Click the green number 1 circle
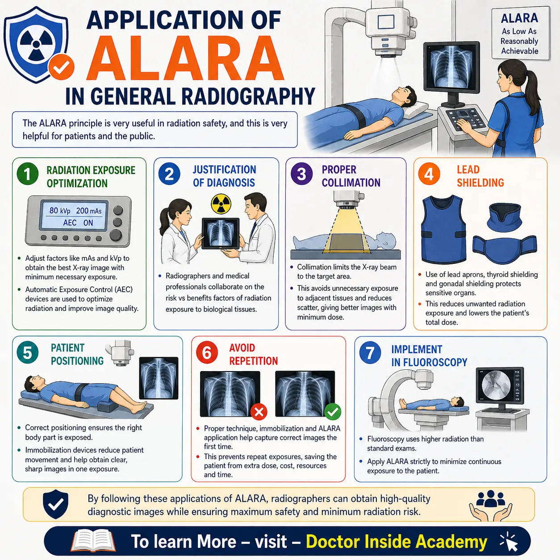click(x=28, y=174)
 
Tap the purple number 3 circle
click(x=301, y=174)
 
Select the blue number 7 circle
click(x=370, y=353)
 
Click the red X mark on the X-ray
click(x=259, y=411)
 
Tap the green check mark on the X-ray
click(x=332, y=411)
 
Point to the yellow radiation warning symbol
click(x=221, y=204)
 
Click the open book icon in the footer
click(x=93, y=541)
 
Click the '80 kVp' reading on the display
click(x=60, y=210)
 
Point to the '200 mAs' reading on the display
click(x=89, y=211)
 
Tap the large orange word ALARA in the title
click(x=185, y=58)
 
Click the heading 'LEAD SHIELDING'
click(x=480, y=176)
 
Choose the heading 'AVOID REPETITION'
click(x=253, y=354)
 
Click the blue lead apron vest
click(x=443, y=229)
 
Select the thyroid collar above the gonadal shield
click(x=505, y=217)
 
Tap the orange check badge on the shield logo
click(x=61, y=67)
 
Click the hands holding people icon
click(x=491, y=506)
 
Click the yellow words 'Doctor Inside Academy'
click(x=397, y=542)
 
